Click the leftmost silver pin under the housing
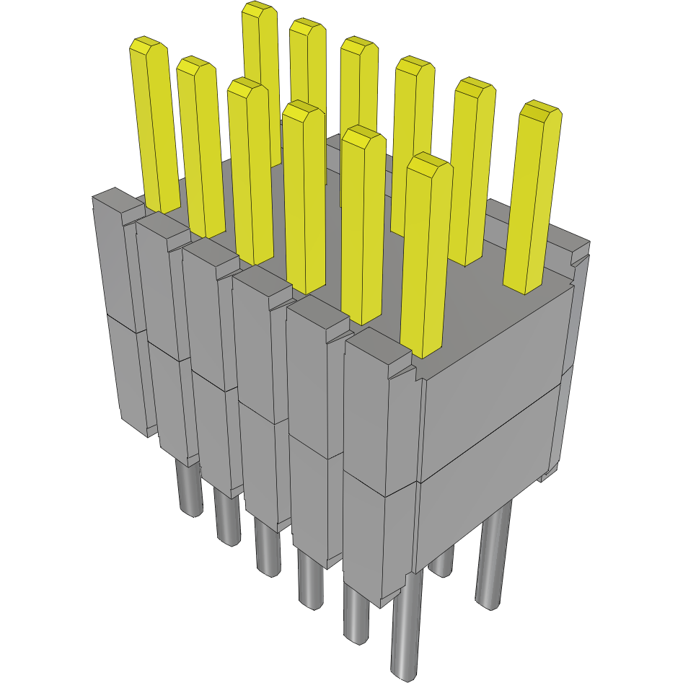190,490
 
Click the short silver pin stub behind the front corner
441,563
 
